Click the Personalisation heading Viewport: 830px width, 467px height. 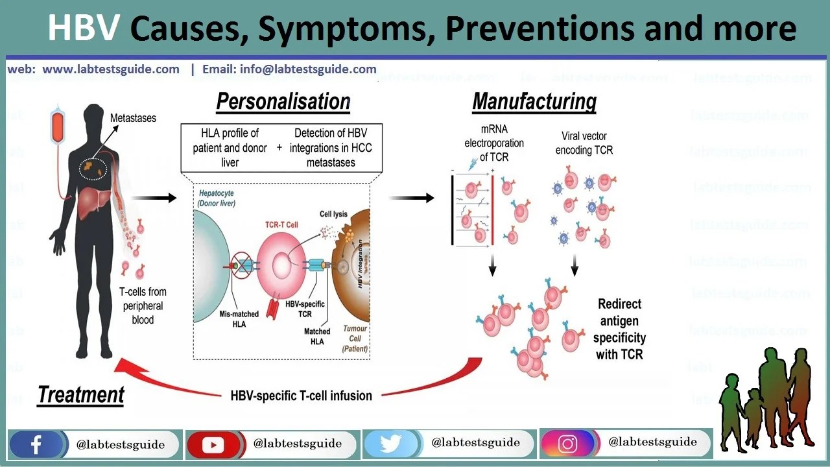coord(283,102)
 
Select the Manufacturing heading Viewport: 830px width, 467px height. coord(534,102)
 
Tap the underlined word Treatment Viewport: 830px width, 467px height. coord(81,394)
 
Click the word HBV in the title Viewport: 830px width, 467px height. coord(84,28)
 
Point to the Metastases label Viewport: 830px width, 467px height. coord(133,118)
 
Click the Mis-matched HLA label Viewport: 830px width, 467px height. coord(239,318)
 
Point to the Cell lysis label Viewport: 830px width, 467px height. coord(335,214)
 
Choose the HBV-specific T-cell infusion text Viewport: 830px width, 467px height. coord(302,395)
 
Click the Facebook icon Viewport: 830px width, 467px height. coord(36,445)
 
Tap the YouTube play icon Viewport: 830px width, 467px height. coord(213,445)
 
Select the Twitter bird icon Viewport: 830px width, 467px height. coord(391,444)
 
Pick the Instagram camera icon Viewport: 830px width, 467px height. coord(568,444)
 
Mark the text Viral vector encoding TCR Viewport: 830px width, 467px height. coord(584,143)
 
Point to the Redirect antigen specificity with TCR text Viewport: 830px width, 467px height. coord(620,329)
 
